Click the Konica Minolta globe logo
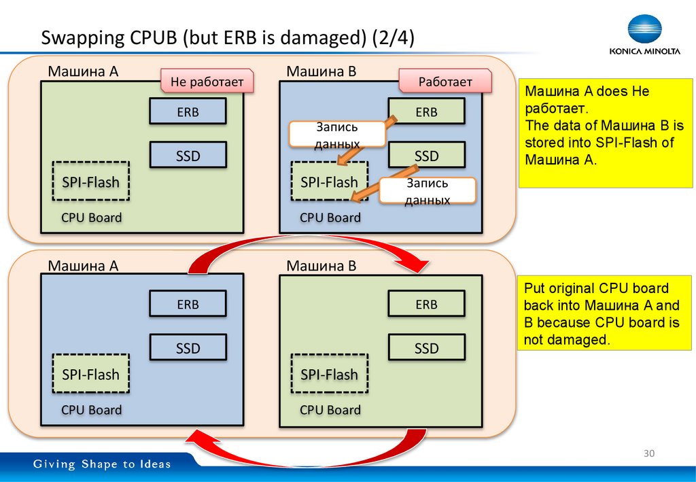click(x=644, y=30)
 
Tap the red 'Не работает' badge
click(x=207, y=82)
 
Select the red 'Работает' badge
click(x=445, y=82)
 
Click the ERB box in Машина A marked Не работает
click(x=188, y=112)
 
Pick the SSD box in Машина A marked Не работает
click(x=188, y=156)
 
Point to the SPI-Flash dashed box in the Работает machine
click(x=329, y=182)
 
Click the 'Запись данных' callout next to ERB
click(x=336, y=135)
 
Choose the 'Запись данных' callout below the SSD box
click(x=428, y=192)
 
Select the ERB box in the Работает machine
click(x=426, y=112)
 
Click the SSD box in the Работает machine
click(x=426, y=156)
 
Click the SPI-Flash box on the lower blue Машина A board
click(x=90, y=375)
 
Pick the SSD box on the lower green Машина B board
click(x=426, y=348)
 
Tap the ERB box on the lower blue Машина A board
click(x=188, y=305)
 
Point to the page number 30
click(x=648, y=453)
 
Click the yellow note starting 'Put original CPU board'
click(x=602, y=313)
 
